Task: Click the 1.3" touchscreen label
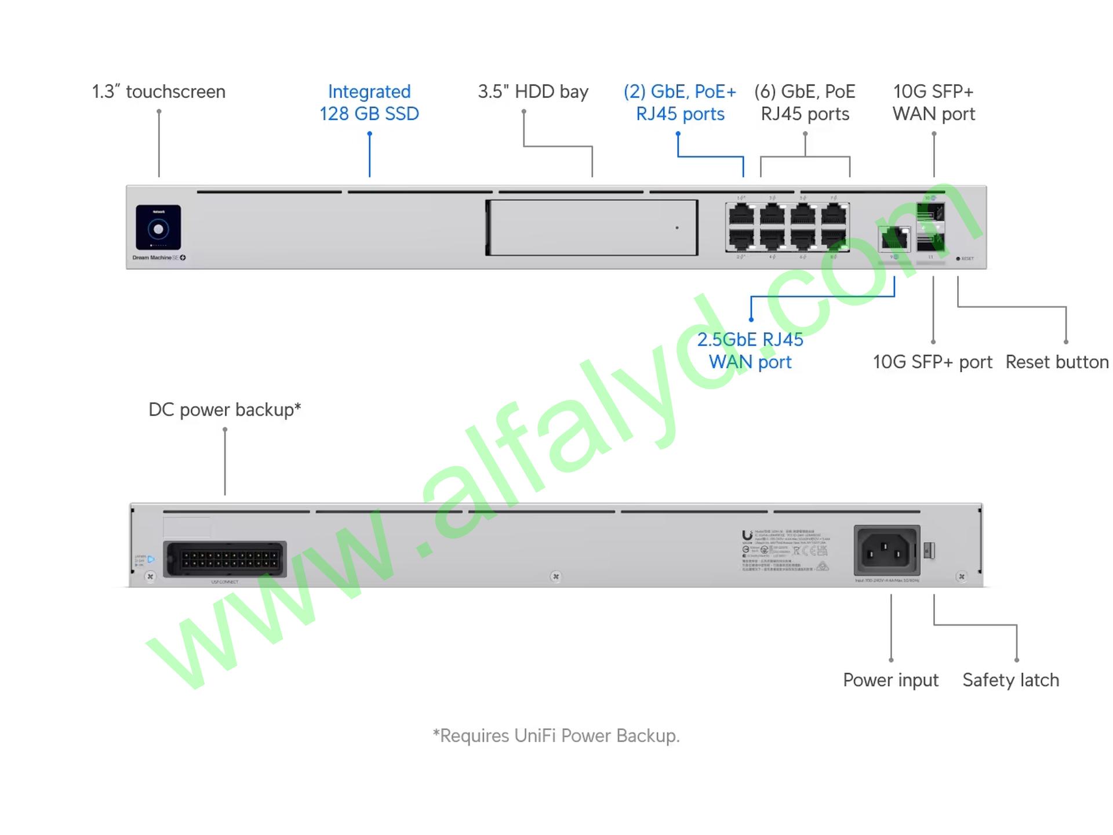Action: (158, 92)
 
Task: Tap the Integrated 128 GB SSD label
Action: (369, 103)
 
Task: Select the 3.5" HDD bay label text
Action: (533, 92)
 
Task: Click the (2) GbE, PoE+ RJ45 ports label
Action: (680, 103)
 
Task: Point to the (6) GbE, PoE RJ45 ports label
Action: (805, 103)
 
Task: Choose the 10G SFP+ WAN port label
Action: (933, 103)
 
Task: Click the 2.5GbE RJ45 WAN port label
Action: (750, 351)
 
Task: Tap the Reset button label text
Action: (1057, 362)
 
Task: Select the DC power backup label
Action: (224, 409)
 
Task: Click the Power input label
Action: (890, 680)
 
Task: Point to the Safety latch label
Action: (1010, 680)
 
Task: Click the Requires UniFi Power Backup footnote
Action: (556, 736)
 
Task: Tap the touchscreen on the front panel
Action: (158, 228)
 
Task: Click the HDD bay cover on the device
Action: (592, 228)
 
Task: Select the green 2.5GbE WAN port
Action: (894, 238)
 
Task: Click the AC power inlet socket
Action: (886, 550)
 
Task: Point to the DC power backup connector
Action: (225, 559)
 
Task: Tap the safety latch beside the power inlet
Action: (929, 550)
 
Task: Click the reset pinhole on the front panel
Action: (958, 259)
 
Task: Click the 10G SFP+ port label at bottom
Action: (932, 362)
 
